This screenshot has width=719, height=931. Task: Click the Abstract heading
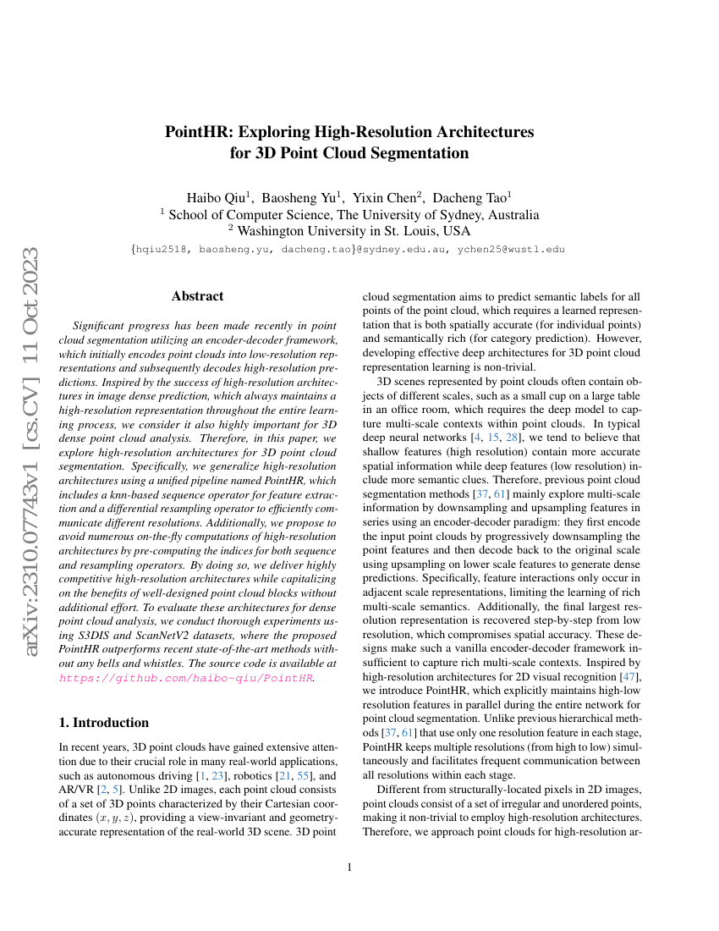[197, 296]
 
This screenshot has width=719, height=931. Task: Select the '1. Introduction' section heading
[104, 723]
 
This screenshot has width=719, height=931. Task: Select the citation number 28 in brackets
[512, 437]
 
